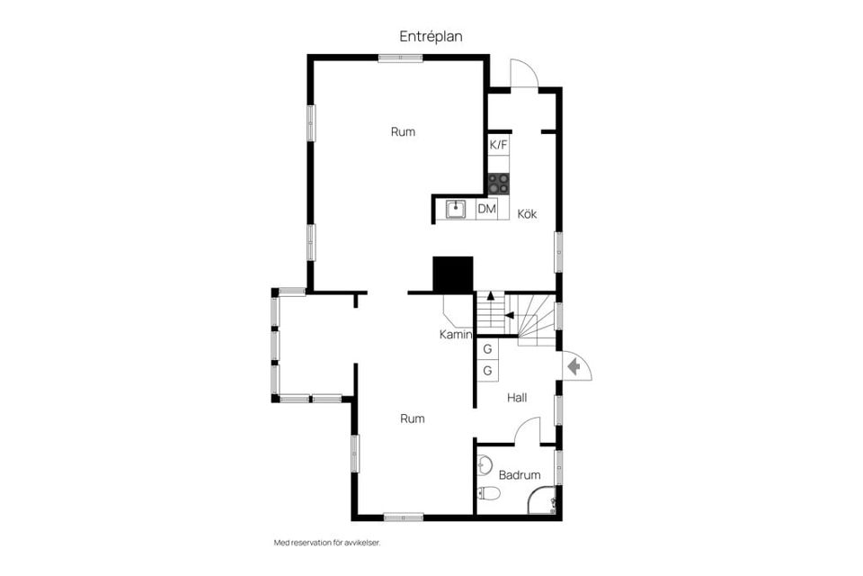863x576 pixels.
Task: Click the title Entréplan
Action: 431,36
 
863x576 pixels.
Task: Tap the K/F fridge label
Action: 498,145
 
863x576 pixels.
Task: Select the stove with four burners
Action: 498,184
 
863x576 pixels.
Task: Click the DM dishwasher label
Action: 486,210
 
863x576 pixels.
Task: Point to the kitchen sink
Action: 457,210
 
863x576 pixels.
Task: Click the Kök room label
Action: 527,214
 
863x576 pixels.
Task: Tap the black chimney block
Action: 452,274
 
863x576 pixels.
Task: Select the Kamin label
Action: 456,335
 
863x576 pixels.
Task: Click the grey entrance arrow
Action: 572,366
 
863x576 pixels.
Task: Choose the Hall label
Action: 517,397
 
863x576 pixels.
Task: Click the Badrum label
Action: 520,475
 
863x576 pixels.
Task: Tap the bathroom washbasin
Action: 485,465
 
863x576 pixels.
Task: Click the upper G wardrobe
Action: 487,349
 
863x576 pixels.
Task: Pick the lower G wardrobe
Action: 487,371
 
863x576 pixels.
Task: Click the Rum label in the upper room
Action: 403,131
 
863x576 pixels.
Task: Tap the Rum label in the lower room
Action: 413,418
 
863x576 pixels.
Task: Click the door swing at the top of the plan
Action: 523,74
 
